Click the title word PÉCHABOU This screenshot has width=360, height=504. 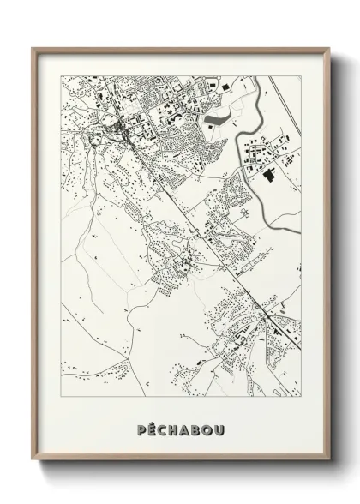coord(180,425)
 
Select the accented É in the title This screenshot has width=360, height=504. coord(152,425)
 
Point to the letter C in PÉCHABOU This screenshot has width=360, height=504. coord(163,425)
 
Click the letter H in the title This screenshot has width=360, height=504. coord(174,425)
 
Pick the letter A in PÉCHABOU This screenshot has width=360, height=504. coord(185,425)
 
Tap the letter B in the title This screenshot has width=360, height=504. coord(196,425)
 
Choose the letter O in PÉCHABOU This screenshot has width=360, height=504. coord(207,425)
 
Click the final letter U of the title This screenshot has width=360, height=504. coord(219,425)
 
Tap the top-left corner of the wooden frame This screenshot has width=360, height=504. coord(33,48)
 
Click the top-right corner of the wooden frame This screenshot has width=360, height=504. coord(327,48)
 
